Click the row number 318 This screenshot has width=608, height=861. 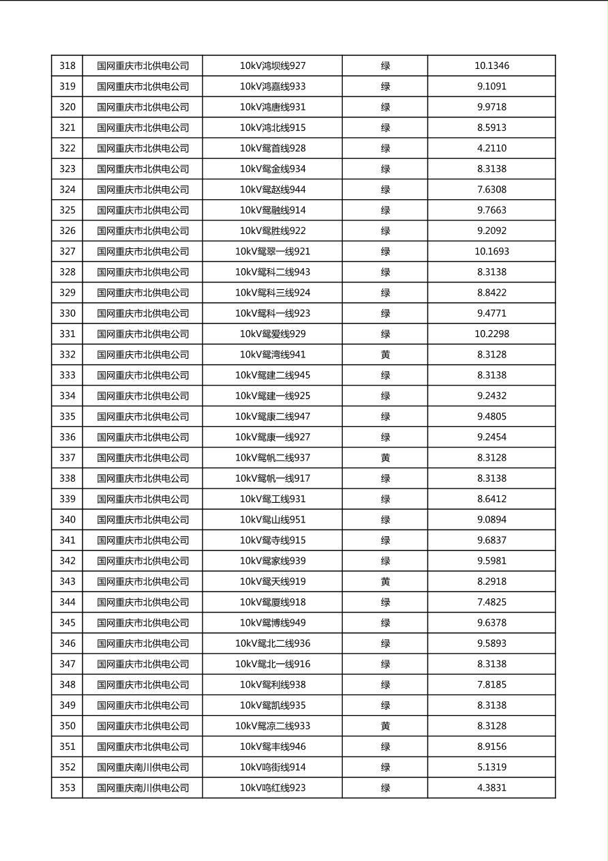point(67,66)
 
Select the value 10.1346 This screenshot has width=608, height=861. point(491,66)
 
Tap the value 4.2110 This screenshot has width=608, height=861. point(491,148)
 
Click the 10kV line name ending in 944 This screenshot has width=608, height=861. point(273,190)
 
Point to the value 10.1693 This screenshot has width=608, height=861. point(491,251)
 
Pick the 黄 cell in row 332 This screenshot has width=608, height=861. point(385,354)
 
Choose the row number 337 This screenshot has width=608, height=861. point(67,458)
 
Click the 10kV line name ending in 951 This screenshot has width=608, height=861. point(273,519)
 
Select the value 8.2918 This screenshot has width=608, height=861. point(491,581)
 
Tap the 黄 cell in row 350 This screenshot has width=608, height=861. point(385,726)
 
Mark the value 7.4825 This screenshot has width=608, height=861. point(491,602)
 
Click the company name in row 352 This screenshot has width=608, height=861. point(143,767)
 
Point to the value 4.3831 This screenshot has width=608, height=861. point(491,787)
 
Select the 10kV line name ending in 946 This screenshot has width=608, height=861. point(273,746)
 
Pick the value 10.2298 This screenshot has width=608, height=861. point(491,334)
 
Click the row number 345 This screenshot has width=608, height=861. point(67,622)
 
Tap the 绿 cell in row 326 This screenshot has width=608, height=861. point(385,231)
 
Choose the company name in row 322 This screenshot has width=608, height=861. point(143,148)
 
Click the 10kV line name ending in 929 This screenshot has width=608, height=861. point(273,334)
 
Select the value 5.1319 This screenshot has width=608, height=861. point(491,767)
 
